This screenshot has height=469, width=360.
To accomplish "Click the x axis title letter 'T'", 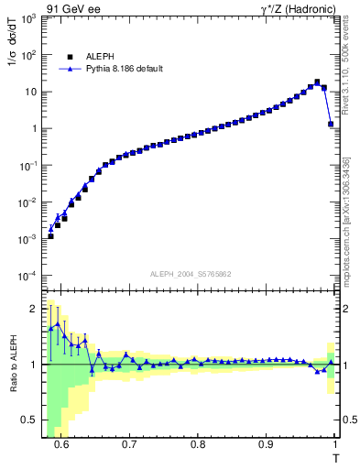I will (x=336, y=456).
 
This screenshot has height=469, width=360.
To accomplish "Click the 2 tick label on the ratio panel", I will (x=32, y=308).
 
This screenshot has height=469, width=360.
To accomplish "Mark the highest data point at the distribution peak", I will (x=317, y=82).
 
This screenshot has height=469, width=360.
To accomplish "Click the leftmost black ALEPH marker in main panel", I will (x=50, y=236).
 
